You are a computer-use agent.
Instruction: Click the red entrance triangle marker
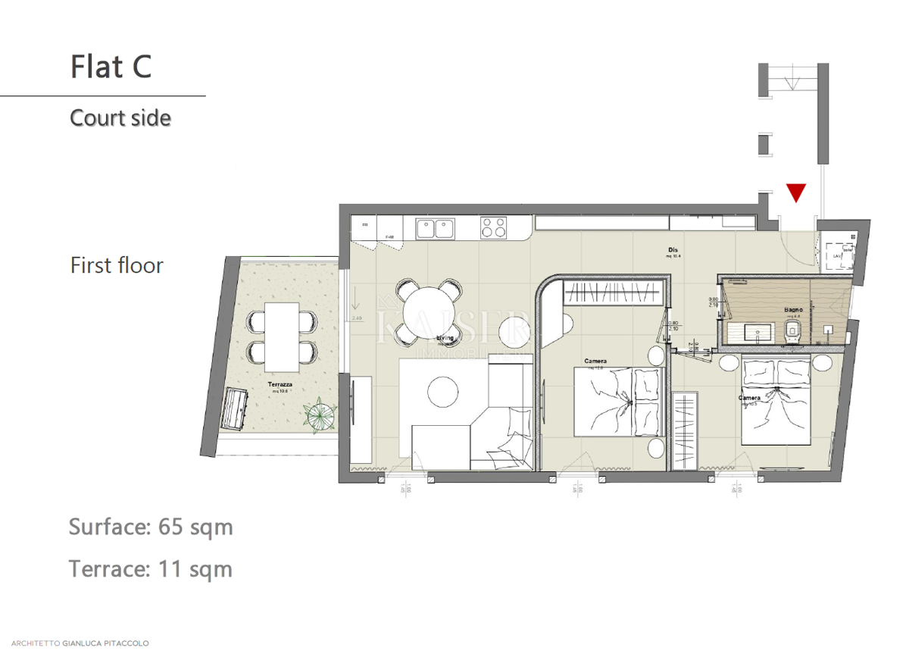point(795,192)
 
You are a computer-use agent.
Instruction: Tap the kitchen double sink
point(434,228)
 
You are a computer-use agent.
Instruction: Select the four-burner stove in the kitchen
point(495,228)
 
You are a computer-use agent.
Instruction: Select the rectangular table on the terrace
point(282,333)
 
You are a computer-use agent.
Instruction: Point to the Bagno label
point(793,310)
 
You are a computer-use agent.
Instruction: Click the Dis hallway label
point(671,250)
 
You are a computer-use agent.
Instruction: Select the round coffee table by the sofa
point(442,392)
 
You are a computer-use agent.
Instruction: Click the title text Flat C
point(111,66)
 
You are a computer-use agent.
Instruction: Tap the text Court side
point(120,118)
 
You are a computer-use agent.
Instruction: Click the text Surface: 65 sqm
point(151,527)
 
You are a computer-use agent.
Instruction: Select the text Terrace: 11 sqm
point(150,568)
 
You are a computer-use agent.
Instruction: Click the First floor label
point(117,265)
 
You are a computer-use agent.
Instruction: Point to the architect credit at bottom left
point(75,643)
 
